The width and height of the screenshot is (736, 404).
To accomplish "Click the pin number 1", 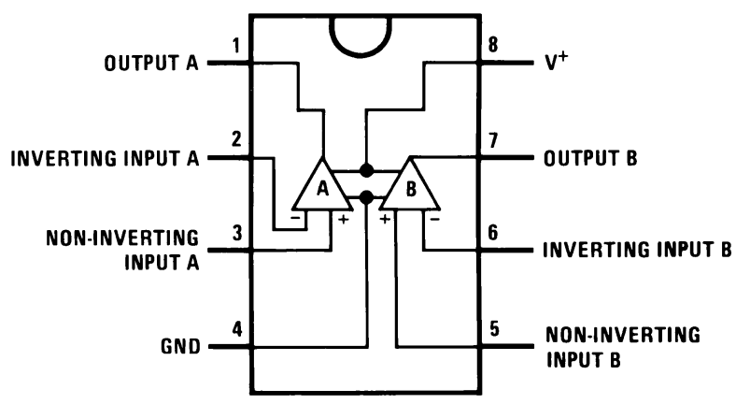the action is click(236, 46).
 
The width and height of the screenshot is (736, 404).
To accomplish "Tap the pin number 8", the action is click(493, 45).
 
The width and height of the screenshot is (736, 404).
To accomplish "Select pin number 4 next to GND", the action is click(237, 329).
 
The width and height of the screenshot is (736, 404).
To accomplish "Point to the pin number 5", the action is click(494, 329).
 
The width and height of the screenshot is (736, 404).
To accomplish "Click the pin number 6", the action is click(493, 233).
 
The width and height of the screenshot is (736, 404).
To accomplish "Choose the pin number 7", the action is click(493, 140).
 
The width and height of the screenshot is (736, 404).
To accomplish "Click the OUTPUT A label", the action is click(151, 63).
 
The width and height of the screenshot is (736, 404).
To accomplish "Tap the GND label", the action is click(180, 346).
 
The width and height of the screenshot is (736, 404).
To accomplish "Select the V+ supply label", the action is click(557, 61).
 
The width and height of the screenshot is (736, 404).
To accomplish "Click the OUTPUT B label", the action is click(590, 158).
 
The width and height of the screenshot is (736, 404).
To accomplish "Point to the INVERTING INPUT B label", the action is click(637, 250).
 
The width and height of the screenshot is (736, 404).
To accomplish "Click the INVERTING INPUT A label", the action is click(106, 158).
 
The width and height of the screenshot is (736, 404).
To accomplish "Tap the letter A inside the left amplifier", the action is click(323, 188).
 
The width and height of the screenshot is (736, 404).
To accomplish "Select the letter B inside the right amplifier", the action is click(411, 189).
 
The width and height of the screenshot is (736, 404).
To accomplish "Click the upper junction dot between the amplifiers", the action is click(366, 170).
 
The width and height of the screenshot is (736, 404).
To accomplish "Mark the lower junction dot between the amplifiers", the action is click(366, 197).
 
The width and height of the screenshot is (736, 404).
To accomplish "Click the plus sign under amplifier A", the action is click(344, 219).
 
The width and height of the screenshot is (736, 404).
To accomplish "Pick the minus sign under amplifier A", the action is click(295, 218).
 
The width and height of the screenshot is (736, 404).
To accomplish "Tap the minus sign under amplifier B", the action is click(435, 219).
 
